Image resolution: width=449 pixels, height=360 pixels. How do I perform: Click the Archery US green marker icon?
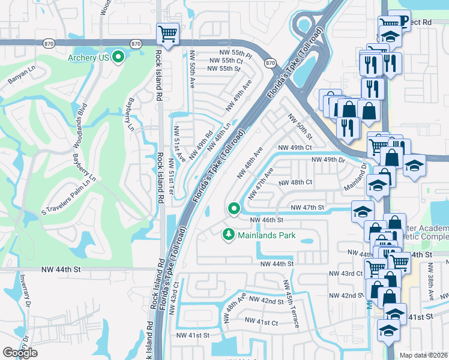(119, 58)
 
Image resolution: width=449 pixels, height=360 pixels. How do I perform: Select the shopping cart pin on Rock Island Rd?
(167, 34)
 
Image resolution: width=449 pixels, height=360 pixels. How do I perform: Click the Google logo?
(20, 353)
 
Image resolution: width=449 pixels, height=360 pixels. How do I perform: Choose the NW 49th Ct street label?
(295, 147)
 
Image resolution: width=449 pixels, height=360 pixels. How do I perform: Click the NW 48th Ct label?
(295, 182)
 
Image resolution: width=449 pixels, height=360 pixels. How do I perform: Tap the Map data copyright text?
(424, 355)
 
